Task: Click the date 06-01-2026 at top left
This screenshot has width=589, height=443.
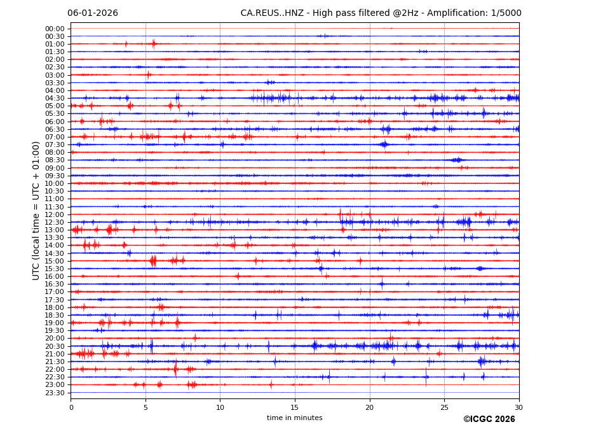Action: [93, 13]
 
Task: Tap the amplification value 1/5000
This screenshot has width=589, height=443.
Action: [506, 13]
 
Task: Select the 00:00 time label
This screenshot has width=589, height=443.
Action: [55, 29]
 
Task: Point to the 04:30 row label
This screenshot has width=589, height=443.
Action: [55, 98]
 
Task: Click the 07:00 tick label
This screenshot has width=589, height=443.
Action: [55, 137]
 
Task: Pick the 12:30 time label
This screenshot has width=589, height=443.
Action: [55, 222]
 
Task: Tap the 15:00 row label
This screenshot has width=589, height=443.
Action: [55, 261]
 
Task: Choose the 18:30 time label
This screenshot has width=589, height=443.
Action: [55, 315]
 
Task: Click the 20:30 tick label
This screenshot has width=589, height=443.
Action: [55, 346]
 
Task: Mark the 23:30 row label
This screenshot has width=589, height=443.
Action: [55, 393]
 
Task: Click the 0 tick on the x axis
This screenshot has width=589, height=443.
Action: [71, 407]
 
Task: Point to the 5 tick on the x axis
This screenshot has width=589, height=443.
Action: [146, 407]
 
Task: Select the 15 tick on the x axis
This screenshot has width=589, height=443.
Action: [295, 407]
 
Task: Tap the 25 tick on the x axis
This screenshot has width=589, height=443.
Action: [444, 407]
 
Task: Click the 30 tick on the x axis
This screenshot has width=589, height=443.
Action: [518, 407]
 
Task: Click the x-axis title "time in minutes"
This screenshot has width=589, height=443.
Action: [294, 418]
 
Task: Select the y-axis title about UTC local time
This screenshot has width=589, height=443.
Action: [36, 211]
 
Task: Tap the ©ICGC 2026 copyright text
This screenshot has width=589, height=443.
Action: [489, 419]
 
